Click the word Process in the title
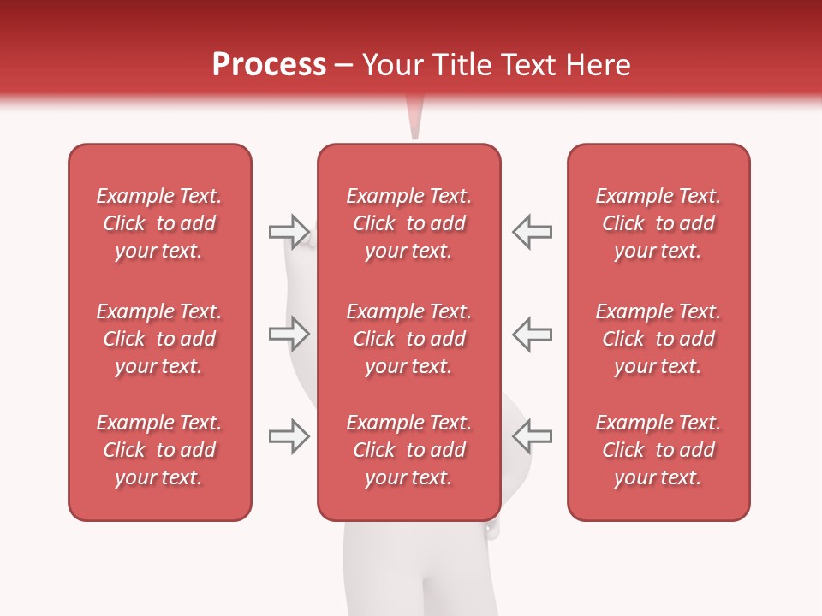pyautogui.click(x=269, y=65)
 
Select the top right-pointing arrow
pyautogui.click(x=289, y=231)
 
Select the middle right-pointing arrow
pyautogui.click(x=289, y=334)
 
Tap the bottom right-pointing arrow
pyautogui.click(x=289, y=436)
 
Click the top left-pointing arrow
pyautogui.click(x=532, y=231)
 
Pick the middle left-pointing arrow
pyautogui.click(x=532, y=334)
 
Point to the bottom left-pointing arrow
pyautogui.click(x=532, y=436)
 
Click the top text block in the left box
pyautogui.click(x=159, y=223)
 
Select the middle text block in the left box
pyautogui.click(x=159, y=339)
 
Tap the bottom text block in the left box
pyautogui.click(x=159, y=450)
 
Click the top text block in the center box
pyautogui.click(x=408, y=223)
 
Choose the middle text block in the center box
pyautogui.click(x=408, y=339)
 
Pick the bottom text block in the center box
pyautogui.click(x=408, y=450)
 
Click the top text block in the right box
pyautogui.click(x=658, y=223)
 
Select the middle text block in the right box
pyautogui.click(x=658, y=339)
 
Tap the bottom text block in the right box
pyautogui.click(x=658, y=450)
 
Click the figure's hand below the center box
pyautogui.click(x=491, y=530)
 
